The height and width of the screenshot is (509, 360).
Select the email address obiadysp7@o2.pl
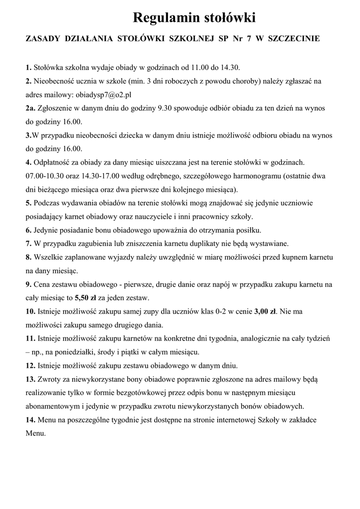[x=102, y=94]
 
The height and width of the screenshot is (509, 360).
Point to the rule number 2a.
[x=30, y=108]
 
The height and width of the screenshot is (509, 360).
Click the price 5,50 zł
[x=86, y=298]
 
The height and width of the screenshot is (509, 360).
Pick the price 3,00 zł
[x=265, y=312]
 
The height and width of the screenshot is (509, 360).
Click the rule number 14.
[x=30, y=420]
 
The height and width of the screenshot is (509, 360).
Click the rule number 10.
[x=30, y=312]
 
